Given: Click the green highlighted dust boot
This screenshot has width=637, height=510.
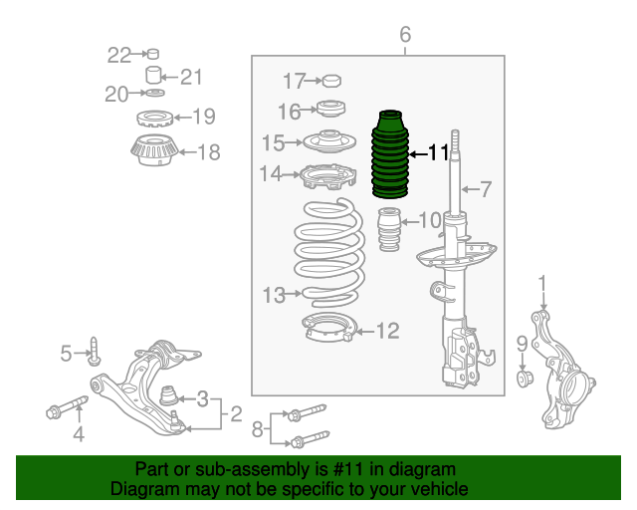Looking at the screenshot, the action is (390, 154).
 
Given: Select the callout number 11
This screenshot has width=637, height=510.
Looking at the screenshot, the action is (438, 153).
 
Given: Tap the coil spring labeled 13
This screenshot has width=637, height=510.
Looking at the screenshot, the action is (329, 252).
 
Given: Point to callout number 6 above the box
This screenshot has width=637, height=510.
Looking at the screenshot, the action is (405, 35).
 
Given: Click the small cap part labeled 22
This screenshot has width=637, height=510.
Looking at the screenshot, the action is (152, 54).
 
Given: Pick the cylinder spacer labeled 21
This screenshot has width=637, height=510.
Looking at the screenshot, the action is (153, 75).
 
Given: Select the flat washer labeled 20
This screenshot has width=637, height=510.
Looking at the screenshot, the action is (155, 93).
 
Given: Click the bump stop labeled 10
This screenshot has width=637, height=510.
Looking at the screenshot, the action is (389, 229).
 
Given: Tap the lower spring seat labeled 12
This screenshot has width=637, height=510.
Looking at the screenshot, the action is (329, 328).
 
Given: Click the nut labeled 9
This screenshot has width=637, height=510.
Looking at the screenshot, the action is (525, 379).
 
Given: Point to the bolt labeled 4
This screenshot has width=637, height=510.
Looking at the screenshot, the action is (67, 407).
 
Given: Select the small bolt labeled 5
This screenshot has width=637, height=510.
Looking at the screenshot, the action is (95, 351).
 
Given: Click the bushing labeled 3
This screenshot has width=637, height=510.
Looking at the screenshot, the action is (168, 395).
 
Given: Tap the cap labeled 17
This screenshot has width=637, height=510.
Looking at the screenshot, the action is (331, 81).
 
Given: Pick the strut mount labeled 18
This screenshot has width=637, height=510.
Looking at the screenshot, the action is (154, 149).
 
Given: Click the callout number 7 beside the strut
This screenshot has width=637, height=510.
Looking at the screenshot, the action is (485, 189).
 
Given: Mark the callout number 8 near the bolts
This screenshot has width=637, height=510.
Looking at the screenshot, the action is (257, 429).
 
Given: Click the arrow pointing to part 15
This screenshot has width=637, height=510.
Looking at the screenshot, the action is (294, 142).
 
